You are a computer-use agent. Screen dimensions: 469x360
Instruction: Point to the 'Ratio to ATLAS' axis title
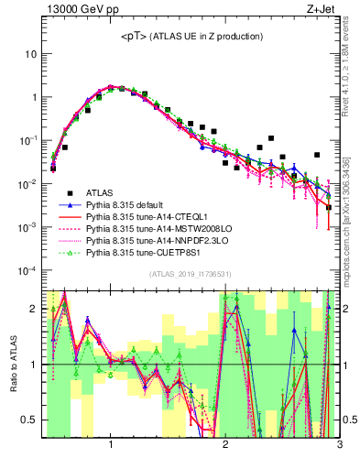[10, 365]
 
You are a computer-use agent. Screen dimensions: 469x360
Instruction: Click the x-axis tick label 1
[111, 444]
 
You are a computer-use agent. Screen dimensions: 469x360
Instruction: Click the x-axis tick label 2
[225, 444]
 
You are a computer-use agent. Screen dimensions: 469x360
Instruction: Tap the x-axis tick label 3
[339, 444]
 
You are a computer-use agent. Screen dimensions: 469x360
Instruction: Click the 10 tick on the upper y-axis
[30, 53]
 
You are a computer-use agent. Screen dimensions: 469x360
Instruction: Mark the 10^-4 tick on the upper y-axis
[27, 271]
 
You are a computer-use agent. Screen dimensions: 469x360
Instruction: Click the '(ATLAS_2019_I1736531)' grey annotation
[191, 274]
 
